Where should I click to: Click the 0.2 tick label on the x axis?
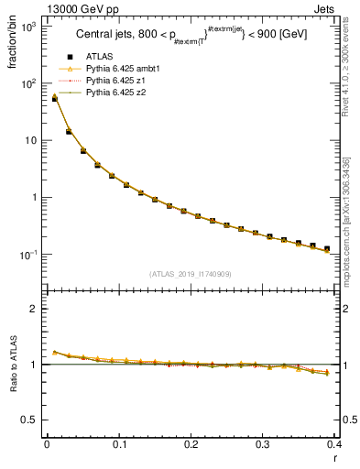click(191, 445)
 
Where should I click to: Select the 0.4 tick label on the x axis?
click(333, 445)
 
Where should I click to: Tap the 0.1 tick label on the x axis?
click(118, 445)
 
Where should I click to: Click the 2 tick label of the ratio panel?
click(33, 309)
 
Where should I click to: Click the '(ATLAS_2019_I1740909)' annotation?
click(191, 274)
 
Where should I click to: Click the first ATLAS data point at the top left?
click(54, 98)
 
